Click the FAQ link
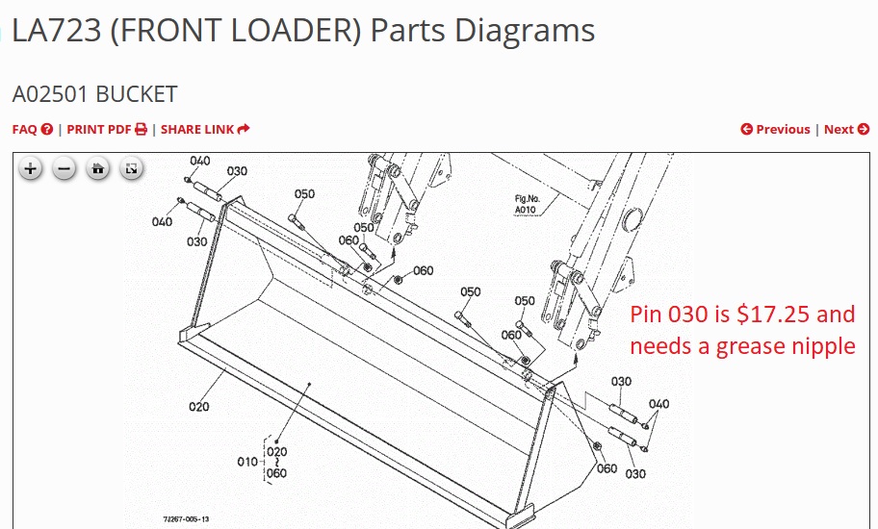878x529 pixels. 33,130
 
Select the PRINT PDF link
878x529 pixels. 107,130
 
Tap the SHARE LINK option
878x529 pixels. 205,130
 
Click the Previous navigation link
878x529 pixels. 775,130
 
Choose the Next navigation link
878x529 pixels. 846,130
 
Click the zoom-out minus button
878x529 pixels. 65,168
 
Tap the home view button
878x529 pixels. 98,168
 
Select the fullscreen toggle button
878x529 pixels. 132,168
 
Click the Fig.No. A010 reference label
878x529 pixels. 527,204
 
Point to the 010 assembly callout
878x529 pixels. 246,462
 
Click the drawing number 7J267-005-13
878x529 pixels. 186,519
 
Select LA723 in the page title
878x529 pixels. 57,30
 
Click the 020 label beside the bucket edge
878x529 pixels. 198,407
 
